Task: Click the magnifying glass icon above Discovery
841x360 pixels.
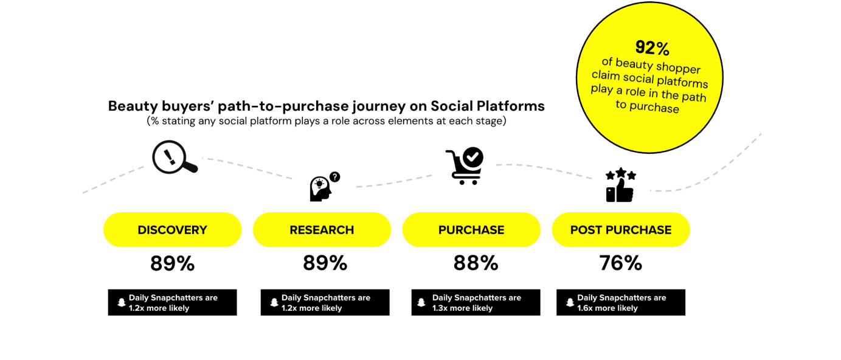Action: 174,157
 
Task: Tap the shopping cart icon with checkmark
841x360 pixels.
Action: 465,165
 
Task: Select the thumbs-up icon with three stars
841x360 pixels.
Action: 620,185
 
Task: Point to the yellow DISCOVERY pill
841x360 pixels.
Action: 172,230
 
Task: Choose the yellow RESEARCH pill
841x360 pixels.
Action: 322,230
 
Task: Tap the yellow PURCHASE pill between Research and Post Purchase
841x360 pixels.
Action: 471,230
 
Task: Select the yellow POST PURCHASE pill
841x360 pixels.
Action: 621,230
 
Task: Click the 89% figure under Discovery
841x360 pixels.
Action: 172,263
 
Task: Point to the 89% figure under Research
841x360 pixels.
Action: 325,263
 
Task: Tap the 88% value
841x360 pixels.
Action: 476,263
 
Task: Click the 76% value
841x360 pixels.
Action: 621,263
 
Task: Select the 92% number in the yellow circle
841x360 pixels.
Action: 652,47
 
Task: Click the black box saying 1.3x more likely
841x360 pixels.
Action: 476,302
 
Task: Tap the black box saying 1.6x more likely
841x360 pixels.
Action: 621,302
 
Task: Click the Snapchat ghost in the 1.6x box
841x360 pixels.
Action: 570,302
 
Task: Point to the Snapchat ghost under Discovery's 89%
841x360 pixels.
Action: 121,302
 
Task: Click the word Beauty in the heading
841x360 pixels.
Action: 133,106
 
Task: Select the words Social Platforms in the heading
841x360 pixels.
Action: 487,106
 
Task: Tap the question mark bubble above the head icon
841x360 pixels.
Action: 334,177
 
